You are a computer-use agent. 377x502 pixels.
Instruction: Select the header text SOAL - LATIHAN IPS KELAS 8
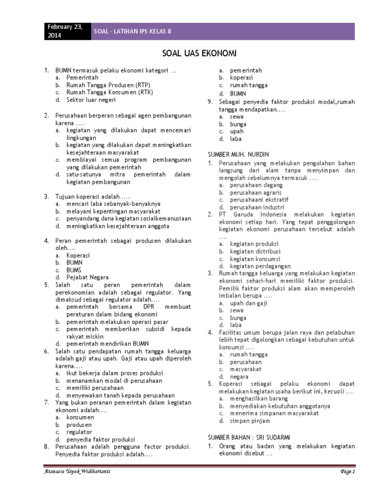tap(133, 32)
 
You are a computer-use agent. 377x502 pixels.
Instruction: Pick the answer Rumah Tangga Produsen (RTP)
tap(102, 85)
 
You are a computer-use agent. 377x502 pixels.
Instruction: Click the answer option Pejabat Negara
tap(88, 277)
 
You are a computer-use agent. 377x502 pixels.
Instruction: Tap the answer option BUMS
tap(74, 270)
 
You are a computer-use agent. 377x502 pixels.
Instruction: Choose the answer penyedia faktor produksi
tap(101, 439)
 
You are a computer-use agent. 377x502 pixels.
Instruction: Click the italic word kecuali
tap(333, 391)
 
